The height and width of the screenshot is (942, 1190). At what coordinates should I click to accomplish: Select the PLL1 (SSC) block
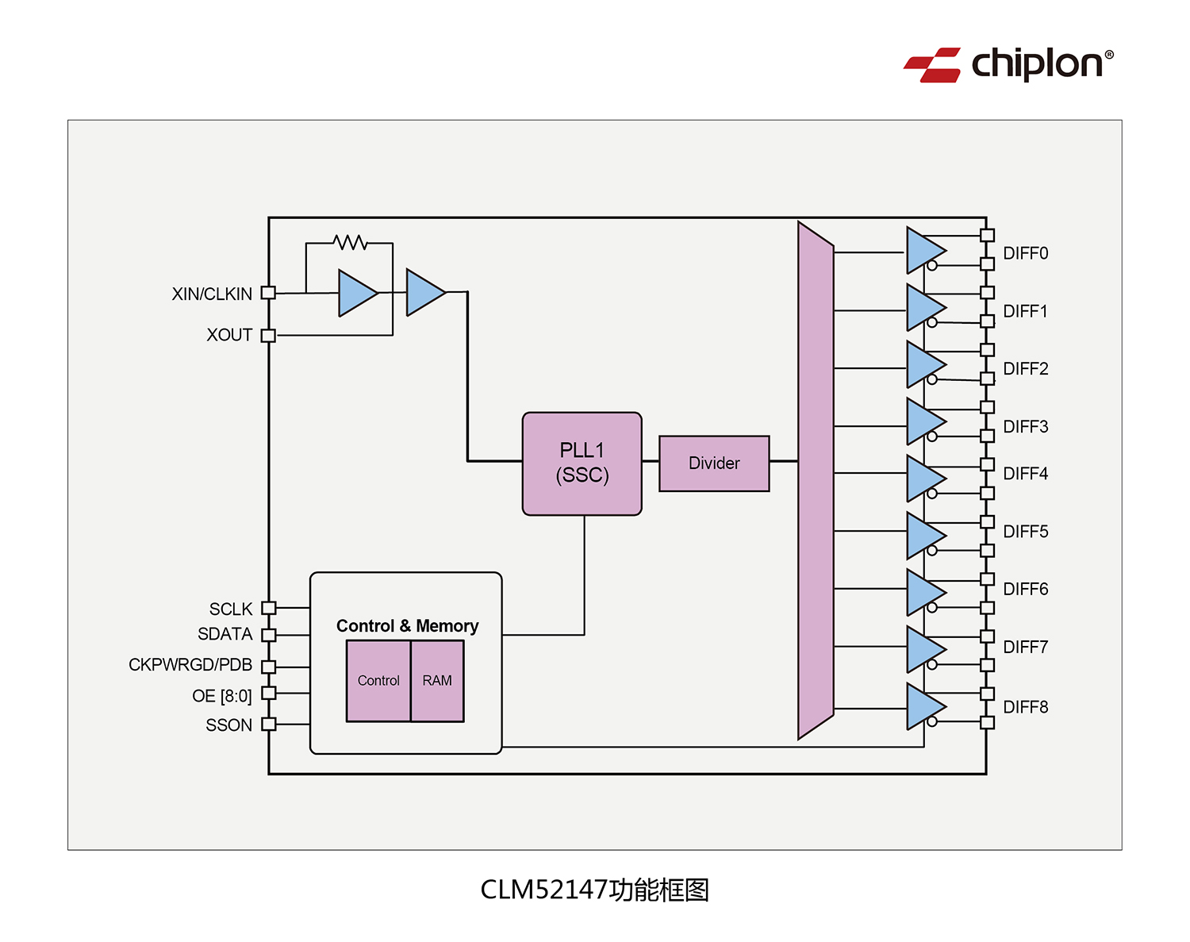click(582, 463)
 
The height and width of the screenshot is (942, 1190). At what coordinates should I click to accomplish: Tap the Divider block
click(714, 463)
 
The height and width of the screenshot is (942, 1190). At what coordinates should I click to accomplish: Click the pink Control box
click(378, 681)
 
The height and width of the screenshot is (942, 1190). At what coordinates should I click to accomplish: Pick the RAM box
click(437, 681)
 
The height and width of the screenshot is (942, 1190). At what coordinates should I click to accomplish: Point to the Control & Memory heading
click(407, 626)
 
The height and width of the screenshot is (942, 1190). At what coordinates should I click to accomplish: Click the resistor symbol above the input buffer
click(350, 242)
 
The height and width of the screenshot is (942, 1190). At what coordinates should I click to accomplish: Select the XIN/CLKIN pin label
click(212, 294)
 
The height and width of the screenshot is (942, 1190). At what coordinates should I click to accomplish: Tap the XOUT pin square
click(268, 336)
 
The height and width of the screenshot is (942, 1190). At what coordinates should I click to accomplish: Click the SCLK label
click(230, 609)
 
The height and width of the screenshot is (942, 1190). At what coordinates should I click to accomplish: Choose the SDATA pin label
click(225, 635)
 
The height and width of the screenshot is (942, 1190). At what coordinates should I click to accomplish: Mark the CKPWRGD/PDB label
click(190, 665)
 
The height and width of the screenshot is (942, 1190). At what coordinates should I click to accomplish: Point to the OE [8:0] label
click(221, 696)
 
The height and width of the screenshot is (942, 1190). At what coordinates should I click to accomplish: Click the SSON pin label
click(228, 725)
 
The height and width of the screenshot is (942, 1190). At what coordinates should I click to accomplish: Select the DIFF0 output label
click(1025, 254)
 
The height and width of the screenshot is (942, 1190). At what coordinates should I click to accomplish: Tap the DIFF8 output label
click(1025, 707)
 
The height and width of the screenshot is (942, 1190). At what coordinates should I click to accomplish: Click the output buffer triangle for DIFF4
click(923, 479)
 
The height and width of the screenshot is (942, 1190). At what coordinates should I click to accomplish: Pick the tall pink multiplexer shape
click(816, 481)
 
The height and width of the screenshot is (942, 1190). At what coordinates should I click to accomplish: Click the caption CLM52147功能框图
click(594, 890)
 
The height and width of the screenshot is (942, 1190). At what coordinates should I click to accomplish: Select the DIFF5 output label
click(1025, 532)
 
